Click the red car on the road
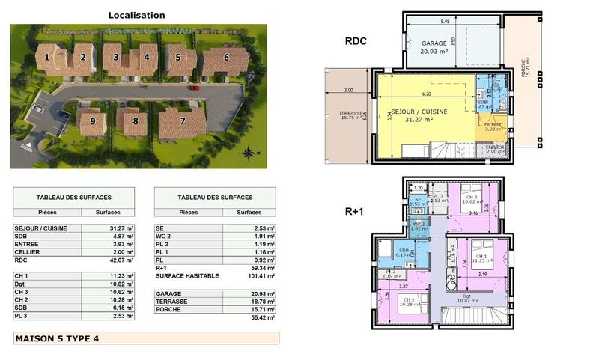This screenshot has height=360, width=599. click(x=195, y=88)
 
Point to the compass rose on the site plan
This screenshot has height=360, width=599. click(x=248, y=154)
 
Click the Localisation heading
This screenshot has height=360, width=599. click(x=137, y=15)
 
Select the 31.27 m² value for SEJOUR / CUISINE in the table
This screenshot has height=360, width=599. click(x=121, y=228)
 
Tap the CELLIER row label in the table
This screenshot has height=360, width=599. click(x=27, y=252)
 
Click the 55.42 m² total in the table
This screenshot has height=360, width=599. click(x=261, y=317)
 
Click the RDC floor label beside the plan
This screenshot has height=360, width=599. click(x=356, y=41)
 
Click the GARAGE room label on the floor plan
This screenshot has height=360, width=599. click(x=434, y=43)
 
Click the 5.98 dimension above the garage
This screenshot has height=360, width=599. click(x=445, y=21)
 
